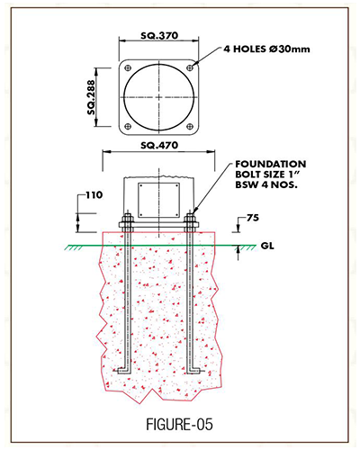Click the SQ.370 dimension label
(x=159, y=36)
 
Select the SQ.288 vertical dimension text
(x=91, y=97)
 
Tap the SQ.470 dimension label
(x=159, y=146)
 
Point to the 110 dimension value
(x=94, y=195)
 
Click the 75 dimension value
(x=253, y=218)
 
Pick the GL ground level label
(x=267, y=246)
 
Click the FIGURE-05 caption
(x=179, y=425)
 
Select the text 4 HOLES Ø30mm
(x=266, y=49)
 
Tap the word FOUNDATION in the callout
(x=271, y=164)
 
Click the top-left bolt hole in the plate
(x=128, y=68)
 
